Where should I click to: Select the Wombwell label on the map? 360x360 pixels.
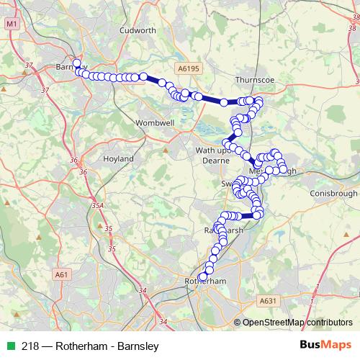(x=155, y=123)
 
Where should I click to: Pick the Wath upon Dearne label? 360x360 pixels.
(x=215, y=156)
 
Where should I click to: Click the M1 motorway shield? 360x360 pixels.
(x=11, y=24)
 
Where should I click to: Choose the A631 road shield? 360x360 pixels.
(x=269, y=300)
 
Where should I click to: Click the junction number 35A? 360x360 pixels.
(x=97, y=205)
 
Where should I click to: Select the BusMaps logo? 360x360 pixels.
(x=326, y=346)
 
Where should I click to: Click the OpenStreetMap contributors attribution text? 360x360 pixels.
(x=297, y=322)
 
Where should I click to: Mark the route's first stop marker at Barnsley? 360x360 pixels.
(x=76, y=63)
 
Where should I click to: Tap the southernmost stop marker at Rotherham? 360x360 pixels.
(x=202, y=276)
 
